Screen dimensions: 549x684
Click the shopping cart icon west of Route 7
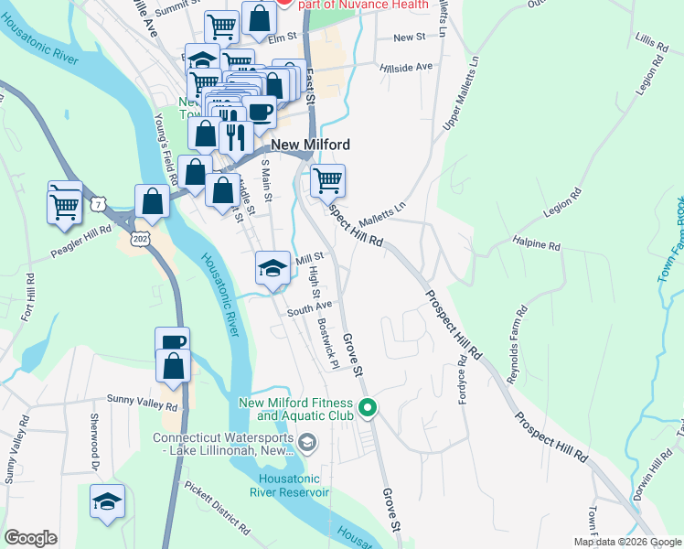click(x=66, y=203)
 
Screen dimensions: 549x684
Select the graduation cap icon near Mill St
click(x=273, y=269)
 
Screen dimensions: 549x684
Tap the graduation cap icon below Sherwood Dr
click(x=107, y=502)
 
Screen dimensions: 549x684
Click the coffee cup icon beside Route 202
click(x=172, y=343)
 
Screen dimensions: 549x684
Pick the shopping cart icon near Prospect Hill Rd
click(x=327, y=180)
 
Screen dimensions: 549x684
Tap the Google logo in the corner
click(x=30, y=538)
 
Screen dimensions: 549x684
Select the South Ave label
click(x=308, y=309)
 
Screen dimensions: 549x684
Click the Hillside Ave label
click(x=411, y=67)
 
